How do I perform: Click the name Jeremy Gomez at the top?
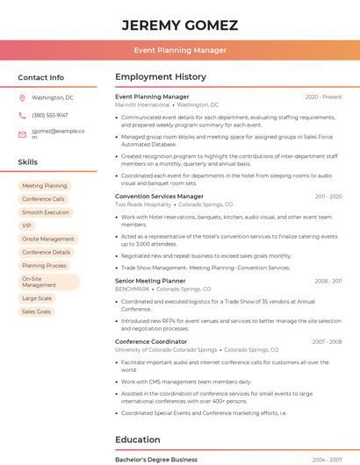tap(179, 24)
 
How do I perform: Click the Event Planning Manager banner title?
tap(179, 50)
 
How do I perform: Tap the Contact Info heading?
tap(40, 77)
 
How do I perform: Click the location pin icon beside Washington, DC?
tap(22, 97)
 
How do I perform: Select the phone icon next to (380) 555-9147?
tap(22, 115)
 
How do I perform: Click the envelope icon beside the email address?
tap(22, 133)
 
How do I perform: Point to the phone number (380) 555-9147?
tap(50, 115)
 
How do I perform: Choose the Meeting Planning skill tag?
tap(44, 186)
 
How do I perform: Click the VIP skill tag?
tap(26, 225)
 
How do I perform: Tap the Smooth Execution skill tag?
tap(45, 212)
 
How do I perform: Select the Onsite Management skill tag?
tap(47, 239)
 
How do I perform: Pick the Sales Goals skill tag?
tap(36, 311)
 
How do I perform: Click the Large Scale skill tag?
tap(36, 298)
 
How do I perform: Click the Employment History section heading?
tap(161, 77)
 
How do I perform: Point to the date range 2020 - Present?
tap(323, 97)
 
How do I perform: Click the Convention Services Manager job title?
tap(159, 197)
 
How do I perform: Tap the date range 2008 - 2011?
tap(328, 281)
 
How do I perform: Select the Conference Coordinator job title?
tap(151, 341)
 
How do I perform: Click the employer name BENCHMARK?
tap(132, 289)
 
